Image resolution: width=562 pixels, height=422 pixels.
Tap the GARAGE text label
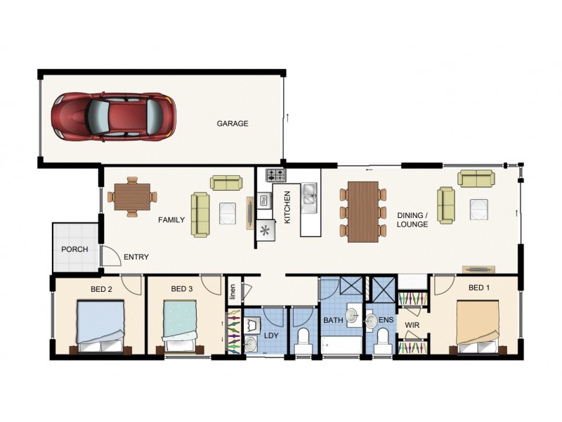[232, 124]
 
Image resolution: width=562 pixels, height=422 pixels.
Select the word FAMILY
[171, 220]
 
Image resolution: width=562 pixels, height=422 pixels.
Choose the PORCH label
[74, 250]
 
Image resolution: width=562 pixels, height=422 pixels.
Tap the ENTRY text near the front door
[136, 257]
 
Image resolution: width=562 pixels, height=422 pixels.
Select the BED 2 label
[100, 289]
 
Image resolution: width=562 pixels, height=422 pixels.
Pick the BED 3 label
[181, 289]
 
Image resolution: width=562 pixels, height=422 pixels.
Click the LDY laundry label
[271, 335]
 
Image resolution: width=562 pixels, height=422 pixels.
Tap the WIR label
[412, 325]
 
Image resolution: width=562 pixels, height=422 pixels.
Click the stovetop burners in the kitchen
[275, 174]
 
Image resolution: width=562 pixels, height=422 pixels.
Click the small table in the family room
[131, 196]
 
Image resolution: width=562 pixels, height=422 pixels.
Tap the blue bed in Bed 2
[101, 325]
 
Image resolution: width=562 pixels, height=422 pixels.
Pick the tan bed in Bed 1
[478, 324]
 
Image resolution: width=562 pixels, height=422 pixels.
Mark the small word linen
[233, 289]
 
